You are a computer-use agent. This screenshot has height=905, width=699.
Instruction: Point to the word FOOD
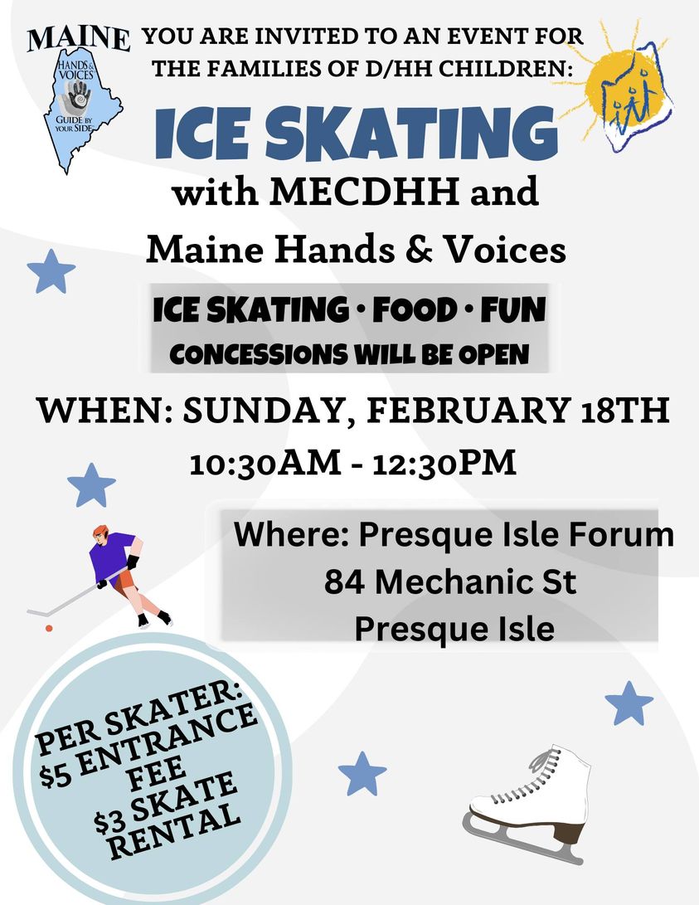pyautogui.click(x=414, y=310)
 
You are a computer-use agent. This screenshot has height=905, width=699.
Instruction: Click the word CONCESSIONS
pyautogui.click(x=259, y=354)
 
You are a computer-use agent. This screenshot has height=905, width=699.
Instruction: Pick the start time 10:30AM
pyautogui.click(x=265, y=464)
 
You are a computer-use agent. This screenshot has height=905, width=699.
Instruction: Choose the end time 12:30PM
pyautogui.click(x=444, y=464)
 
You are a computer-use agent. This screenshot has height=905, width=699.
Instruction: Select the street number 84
pyautogui.click(x=344, y=581)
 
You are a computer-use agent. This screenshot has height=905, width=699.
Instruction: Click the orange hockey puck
pyautogui.click(x=49, y=628)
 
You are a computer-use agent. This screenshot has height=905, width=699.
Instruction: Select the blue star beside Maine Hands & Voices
pyautogui.click(x=51, y=271)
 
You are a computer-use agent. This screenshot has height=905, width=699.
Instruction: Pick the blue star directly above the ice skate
pyautogui.click(x=629, y=703)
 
